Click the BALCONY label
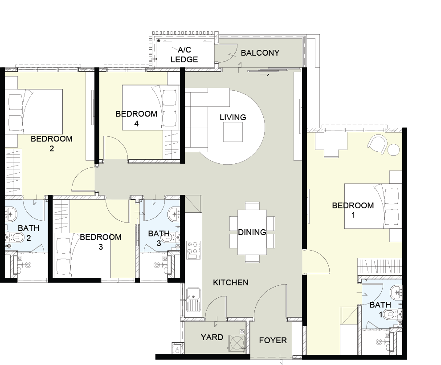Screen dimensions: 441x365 (x=260, y=53)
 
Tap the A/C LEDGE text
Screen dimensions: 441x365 (x=184, y=54)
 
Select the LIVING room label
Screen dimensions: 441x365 (x=233, y=117)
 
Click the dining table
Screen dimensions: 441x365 (x=252, y=232)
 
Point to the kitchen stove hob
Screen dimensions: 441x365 (x=193, y=250)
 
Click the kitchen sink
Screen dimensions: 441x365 (x=193, y=300)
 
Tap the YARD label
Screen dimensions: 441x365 (x=212, y=337)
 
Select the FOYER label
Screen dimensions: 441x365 (x=273, y=340)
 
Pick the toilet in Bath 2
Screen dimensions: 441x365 (x=17, y=238)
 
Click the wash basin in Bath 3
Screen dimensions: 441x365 (x=174, y=214)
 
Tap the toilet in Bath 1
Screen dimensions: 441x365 (x=393, y=314)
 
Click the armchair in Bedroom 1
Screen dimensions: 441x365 (x=377, y=144)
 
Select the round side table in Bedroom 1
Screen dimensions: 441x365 (x=393, y=150)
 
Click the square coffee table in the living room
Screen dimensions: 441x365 (x=233, y=132)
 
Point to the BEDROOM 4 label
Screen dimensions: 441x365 (x=136, y=118)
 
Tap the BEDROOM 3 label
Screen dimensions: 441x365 (x=101, y=242)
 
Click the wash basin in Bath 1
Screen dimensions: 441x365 (x=396, y=292)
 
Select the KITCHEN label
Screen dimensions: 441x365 (x=231, y=282)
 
